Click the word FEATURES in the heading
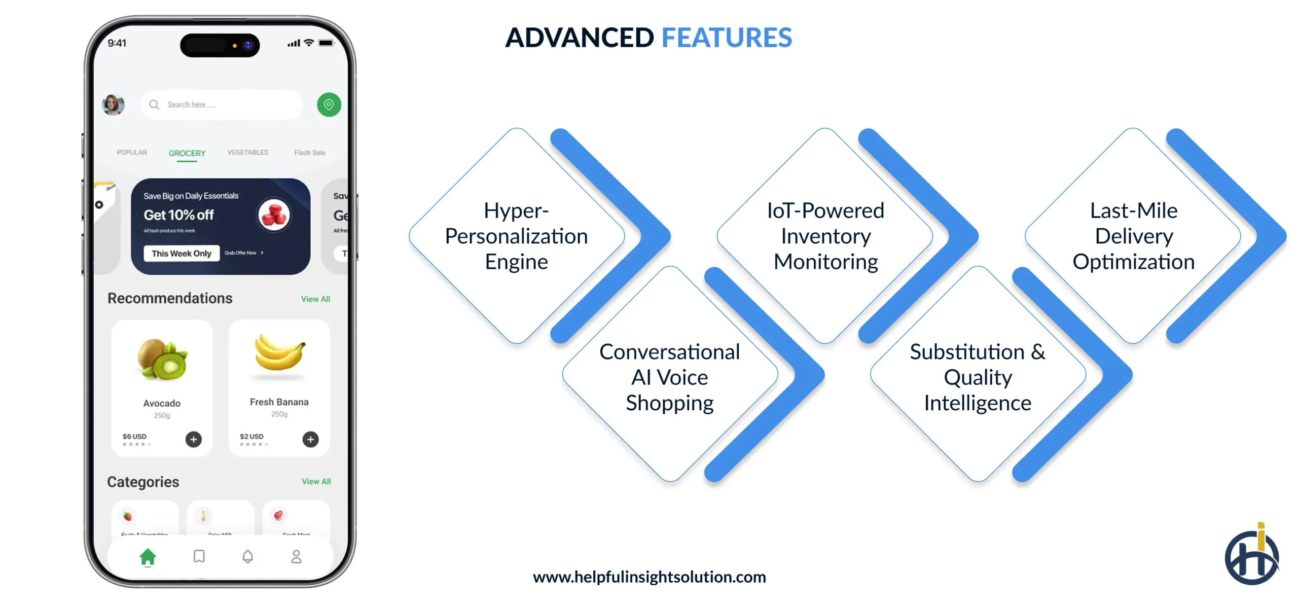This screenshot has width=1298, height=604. pos(726,38)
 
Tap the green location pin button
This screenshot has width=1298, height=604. pos(329,105)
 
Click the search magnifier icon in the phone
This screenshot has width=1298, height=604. pos(154,105)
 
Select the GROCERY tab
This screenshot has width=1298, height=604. pos(187,153)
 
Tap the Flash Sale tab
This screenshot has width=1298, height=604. pos(310,153)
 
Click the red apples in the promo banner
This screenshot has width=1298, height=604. pos(274,215)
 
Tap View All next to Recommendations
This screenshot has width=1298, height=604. pos(315,299)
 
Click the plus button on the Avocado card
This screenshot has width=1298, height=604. pos(193,439)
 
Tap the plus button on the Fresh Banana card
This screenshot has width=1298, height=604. pos(311,439)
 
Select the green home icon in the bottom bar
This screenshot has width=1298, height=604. pos(148,557)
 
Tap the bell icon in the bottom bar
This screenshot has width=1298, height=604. pos(247,557)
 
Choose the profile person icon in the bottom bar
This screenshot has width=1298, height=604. pos(297,557)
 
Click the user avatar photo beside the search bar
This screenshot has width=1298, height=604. pos(113,105)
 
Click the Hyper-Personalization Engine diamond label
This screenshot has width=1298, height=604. pos(516,236)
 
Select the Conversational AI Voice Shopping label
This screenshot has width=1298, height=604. pos(669,377)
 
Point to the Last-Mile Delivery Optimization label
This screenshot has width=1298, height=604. pos(1133,236)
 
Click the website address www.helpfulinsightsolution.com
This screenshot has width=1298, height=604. pos(649,577)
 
